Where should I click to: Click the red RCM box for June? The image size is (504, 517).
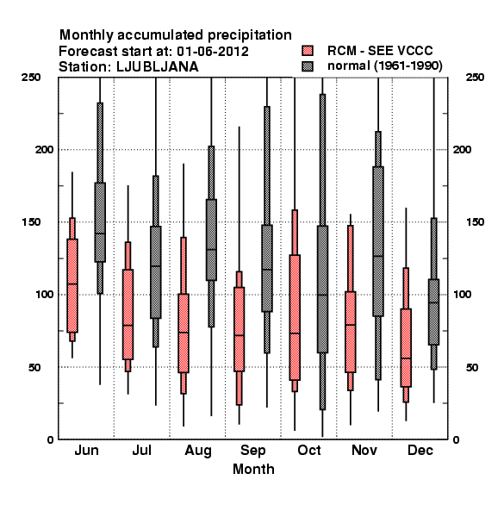click(x=72, y=285)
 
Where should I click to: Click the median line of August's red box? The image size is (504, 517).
click(x=184, y=333)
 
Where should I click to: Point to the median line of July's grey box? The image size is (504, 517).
click(x=156, y=266)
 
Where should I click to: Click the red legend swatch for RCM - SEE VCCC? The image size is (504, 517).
click(x=308, y=51)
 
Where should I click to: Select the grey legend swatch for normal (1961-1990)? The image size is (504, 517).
click(x=308, y=66)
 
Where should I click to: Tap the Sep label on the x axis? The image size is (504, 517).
click(x=252, y=451)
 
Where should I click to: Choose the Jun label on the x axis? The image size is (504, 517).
click(x=86, y=451)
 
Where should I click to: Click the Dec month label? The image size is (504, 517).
click(x=420, y=451)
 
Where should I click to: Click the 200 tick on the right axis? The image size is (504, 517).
click(x=462, y=149)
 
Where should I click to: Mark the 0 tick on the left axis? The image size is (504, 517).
click(x=50, y=439)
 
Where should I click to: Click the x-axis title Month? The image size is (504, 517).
click(x=253, y=470)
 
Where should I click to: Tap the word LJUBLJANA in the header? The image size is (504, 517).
click(x=158, y=67)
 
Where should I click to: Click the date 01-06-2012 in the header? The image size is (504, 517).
click(x=213, y=52)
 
